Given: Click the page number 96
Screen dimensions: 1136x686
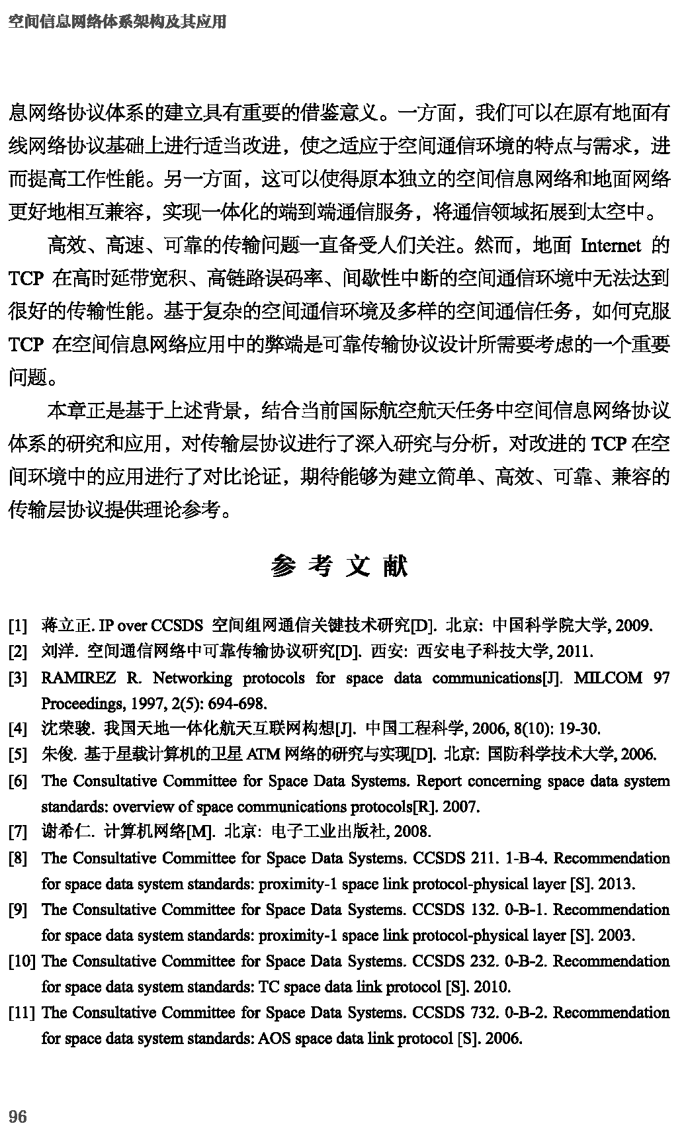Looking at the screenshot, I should (18, 1116).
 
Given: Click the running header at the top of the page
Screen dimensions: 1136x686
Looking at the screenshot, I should (117, 22).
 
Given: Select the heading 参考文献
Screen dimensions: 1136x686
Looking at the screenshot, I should (339, 566).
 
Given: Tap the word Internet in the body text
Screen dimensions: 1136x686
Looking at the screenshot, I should (611, 246).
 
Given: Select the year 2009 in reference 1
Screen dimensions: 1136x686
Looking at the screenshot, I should (634, 625).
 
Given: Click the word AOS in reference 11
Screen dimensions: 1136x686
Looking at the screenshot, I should (273, 1038).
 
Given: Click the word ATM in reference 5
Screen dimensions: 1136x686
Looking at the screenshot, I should (261, 754).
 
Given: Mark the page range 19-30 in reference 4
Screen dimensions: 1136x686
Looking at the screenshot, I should (578, 729).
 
